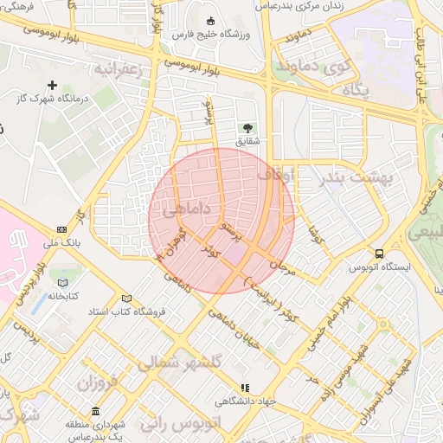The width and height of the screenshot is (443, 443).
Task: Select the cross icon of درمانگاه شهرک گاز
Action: (54, 85)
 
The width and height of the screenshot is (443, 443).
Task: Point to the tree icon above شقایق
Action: (248, 127)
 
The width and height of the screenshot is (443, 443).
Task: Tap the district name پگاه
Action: (356, 89)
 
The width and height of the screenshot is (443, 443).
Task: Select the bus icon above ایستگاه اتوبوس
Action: (379, 254)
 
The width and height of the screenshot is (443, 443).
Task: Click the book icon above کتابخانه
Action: (62, 282)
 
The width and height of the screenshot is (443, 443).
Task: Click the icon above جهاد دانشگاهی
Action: (245, 388)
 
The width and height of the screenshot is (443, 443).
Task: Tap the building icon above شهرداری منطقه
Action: (95, 411)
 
